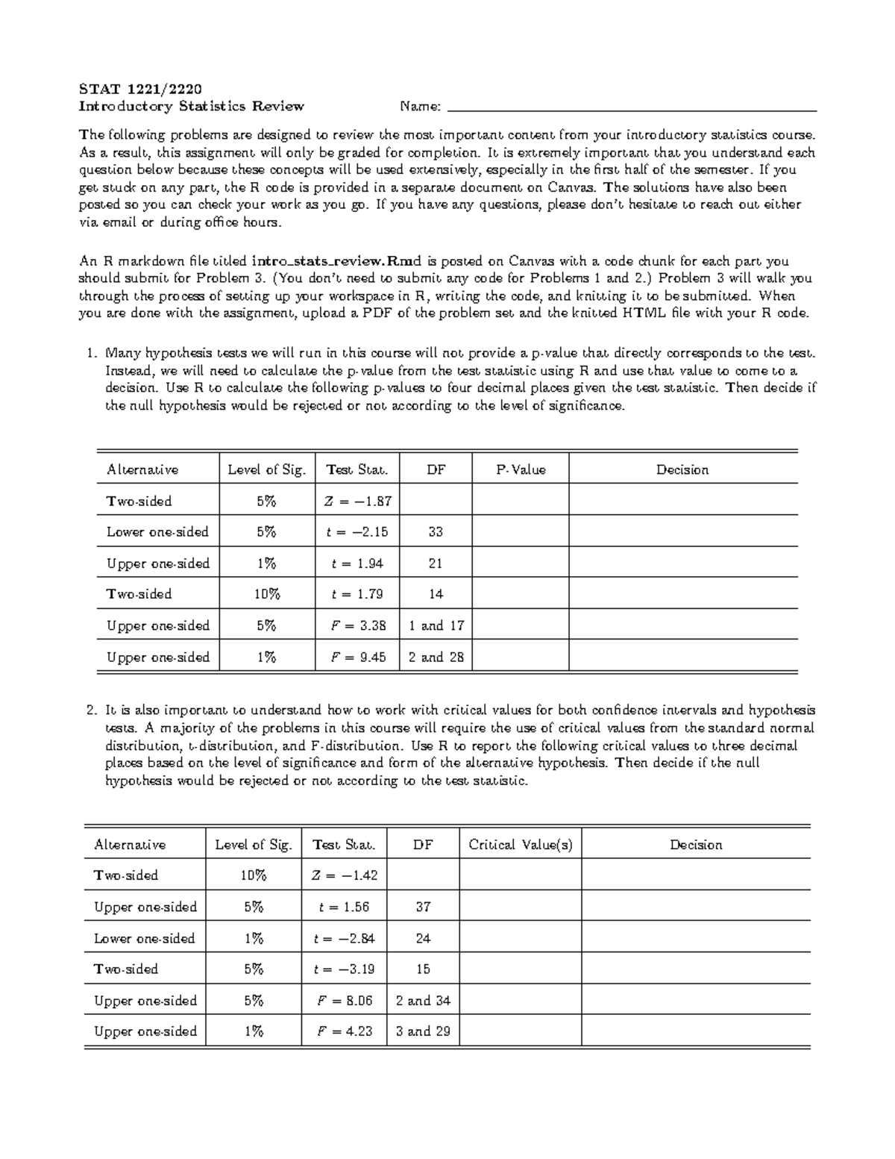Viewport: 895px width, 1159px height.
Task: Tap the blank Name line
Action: (630, 107)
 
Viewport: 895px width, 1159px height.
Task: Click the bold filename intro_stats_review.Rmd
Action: (337, 261)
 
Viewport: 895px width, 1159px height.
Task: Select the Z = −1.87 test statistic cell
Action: (357, 502)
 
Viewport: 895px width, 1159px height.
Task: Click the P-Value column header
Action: (521, 469)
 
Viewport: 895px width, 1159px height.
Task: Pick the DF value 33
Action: (436, 532)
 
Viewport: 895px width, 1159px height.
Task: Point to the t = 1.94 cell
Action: (357, 563)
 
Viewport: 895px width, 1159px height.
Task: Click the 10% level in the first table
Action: (266, 594)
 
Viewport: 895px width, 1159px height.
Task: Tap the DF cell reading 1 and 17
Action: (436, 625)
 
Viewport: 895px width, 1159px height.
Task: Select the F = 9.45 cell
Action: (357, 657)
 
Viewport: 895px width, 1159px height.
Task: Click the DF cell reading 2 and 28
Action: (436, 657)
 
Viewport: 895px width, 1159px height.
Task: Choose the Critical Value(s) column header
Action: (521, 845)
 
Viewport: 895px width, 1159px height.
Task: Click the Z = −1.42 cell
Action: (344, 875)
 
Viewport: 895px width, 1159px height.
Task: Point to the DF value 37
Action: (423, 907)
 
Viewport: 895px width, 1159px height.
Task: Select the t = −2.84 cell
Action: (344, 938)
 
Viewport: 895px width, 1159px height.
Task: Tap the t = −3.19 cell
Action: (344, 969)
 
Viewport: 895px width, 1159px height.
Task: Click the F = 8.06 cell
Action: (344, 1001)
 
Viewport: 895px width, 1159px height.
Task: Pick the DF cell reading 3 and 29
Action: (423, 1031)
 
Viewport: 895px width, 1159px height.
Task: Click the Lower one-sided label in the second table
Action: (144, 938)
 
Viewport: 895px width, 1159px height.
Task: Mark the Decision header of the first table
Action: (682, 469)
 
